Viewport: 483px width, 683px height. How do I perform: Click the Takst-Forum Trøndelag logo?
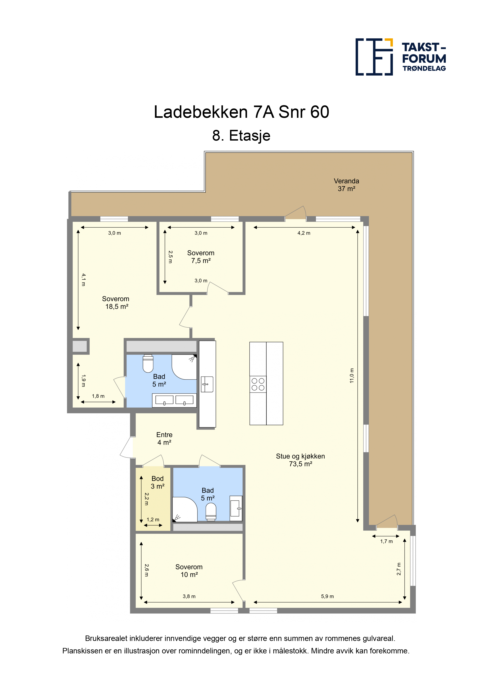tap(401, 57)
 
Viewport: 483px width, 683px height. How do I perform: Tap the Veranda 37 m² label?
tap(346, 185)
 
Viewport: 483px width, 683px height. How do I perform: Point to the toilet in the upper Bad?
tap(148, 363)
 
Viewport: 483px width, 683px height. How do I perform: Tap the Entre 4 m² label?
tap(164, 438)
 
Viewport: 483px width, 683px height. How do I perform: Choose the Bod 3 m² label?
tap(157, 482)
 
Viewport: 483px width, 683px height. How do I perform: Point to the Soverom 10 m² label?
tap(189, 570)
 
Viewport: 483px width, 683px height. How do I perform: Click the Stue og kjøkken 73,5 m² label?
tap(300, 460)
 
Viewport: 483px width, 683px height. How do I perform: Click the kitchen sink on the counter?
tap(207, 384)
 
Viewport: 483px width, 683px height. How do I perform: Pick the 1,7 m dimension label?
tap(387, 541)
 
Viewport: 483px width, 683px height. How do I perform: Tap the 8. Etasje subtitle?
tap(241, 136)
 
